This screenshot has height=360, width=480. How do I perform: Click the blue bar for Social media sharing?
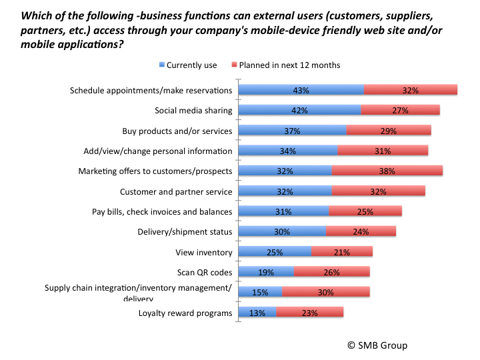tap(299, 110)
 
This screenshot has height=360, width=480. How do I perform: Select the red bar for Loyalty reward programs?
tap(309, 313)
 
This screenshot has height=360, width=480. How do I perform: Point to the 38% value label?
tap(387, 171)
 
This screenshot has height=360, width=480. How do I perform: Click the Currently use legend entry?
tap(189, 65)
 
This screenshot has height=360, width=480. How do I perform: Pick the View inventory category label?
tap(204, 252)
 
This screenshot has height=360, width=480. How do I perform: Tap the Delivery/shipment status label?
tap(185, 232)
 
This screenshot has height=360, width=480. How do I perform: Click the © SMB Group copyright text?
tap(376, 345)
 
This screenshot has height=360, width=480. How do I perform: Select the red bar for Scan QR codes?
tap(331, 272)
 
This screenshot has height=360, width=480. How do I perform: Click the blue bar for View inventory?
tap(275, 252)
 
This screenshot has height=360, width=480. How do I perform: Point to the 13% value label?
tap(257, 313)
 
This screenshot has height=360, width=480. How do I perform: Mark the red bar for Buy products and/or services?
tap(389, 130)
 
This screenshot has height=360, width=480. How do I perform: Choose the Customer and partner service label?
tap(176, 191)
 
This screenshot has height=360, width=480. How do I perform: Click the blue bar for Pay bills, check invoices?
tap(283, 211)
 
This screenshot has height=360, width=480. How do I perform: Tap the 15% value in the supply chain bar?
tap(260, 292)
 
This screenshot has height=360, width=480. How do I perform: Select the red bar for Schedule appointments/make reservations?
tap(410, 90)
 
